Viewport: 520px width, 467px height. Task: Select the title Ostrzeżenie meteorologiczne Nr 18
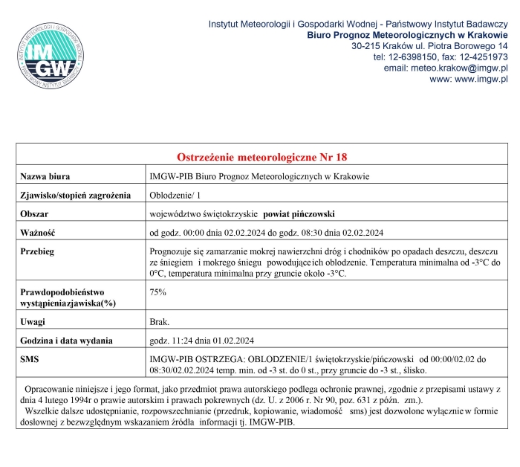click(262, 157)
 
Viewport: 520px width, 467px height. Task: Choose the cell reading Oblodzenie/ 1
click(175, 195)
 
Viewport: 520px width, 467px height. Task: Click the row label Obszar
click(34, 213)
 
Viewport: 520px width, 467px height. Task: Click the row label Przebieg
click(38, 251)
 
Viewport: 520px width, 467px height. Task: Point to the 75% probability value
click(157, 292)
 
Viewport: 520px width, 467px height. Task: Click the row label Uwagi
click(33, 321)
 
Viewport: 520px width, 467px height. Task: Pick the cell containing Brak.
click(160, 321)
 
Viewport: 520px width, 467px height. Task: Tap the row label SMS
click(30, 359)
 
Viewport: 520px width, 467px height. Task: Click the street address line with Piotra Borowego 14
click(429, 46)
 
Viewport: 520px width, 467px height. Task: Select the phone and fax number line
click(440, 57)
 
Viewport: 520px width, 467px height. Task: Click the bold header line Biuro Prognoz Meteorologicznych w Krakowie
click(407, 35)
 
